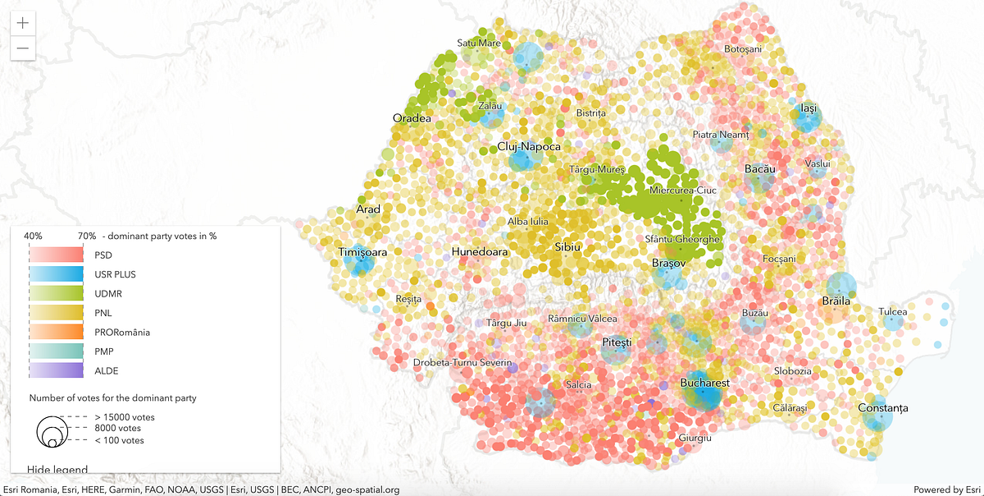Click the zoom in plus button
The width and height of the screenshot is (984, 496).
[22, 22]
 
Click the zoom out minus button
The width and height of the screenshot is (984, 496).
[22, 48]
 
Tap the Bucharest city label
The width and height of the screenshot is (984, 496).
[704, 383]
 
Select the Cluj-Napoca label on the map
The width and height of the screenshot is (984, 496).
[529, 147]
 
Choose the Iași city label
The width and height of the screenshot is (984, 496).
[809, 108]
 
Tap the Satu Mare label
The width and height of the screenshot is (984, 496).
[479, 43]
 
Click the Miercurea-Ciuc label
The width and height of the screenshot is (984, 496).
[682, 191]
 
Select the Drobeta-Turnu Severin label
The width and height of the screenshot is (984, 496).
[462, 362]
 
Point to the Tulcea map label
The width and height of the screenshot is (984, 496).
[893, 312]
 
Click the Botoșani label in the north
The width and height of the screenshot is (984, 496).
[743, 49]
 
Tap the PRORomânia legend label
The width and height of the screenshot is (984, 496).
[122, 332]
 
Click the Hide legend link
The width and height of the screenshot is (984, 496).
[57, 470]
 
